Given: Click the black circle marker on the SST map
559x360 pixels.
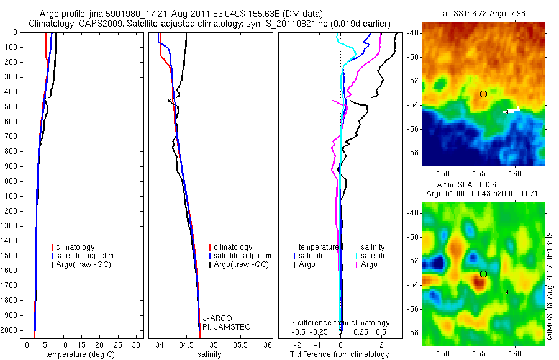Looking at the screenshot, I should [x=483, y=94].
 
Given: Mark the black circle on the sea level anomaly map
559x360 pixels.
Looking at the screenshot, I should [x=483, y=274].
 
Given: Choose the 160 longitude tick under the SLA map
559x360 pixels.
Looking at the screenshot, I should [x=515, y=352].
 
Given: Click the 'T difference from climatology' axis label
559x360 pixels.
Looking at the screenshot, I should [x=340, y=354].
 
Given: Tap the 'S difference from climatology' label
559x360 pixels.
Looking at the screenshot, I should [x=340, y=323].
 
